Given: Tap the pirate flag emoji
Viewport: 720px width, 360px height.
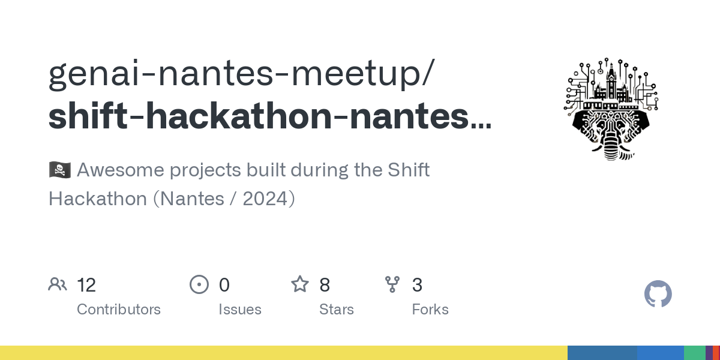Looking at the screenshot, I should point(59,170).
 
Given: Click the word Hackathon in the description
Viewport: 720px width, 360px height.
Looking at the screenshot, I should point(97,199).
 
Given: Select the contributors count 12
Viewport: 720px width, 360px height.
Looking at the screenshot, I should point(86,285).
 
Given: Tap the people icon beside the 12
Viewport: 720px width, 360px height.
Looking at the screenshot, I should point(58,284).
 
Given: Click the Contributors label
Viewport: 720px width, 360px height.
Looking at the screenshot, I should point(119,310).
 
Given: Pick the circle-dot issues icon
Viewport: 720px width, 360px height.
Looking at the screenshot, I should point(199,284).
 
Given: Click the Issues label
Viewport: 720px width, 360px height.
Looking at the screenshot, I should point(240,310).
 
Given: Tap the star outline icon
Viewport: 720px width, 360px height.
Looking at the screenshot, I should point(299,284).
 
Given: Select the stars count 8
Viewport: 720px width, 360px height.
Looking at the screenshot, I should point(325,285).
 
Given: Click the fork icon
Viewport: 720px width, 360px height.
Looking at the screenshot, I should point(392,284).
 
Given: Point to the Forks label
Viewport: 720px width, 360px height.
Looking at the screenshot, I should point(430,310).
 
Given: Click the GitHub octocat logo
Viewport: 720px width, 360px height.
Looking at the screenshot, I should point(658,295).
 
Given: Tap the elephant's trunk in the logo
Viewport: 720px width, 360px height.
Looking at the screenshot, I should point(610,147).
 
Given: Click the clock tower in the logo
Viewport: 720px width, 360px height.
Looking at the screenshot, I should point(611,81).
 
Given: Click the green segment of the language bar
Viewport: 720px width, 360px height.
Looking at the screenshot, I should point(694,353).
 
